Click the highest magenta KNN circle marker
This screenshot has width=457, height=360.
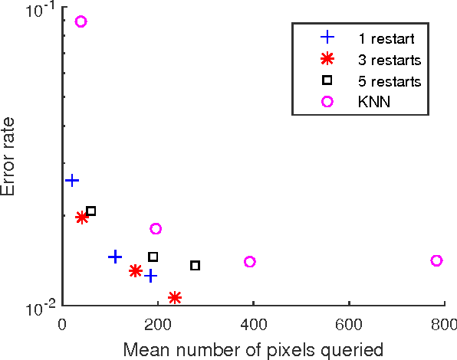click(x=81, y=21)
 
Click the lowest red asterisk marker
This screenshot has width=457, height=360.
click(x=175, y=297)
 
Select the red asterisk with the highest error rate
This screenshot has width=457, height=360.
click(x=82, y=218)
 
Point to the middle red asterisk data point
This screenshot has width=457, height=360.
click(x=136, y=270)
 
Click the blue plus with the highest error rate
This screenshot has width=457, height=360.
click(x=72, y=180)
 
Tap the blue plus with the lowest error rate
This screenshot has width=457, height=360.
click(x=151, y=275)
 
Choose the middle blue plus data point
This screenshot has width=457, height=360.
click(x=115, y=257)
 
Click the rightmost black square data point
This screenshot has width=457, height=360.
click(x=195, y=265)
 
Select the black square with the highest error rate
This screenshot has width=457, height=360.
click(x=90, y=211)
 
